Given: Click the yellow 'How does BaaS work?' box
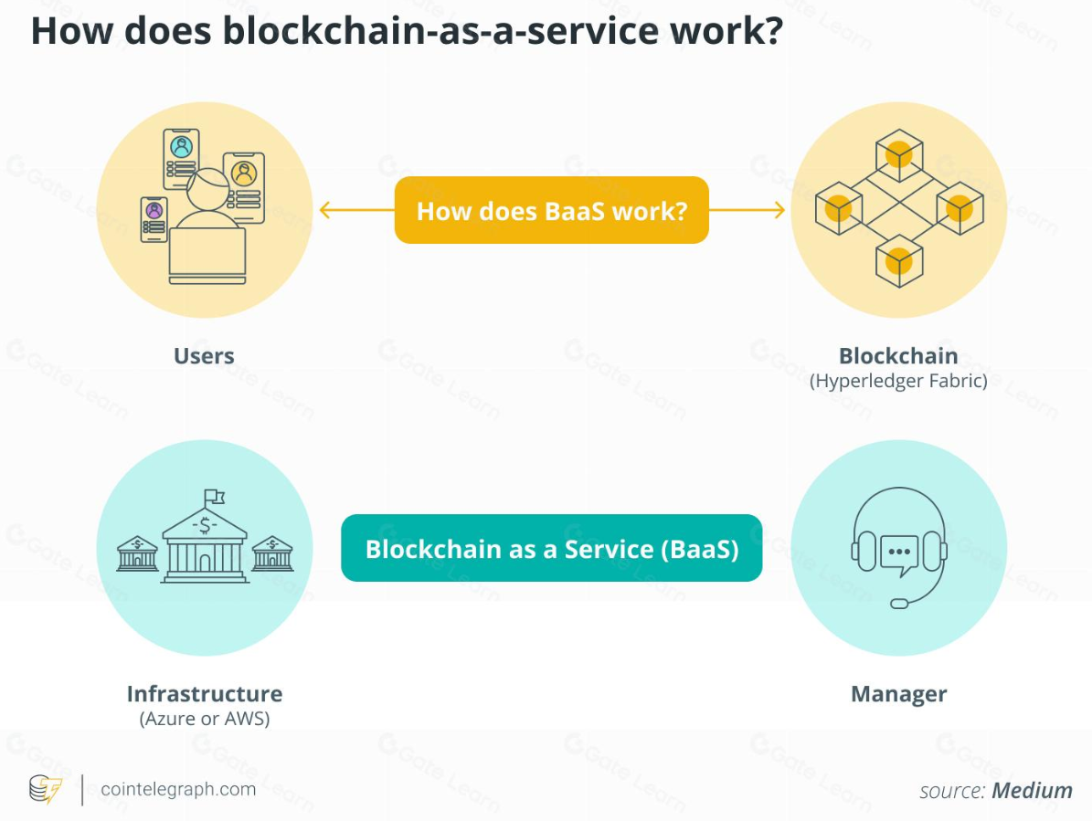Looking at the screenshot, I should [x=551, y=210].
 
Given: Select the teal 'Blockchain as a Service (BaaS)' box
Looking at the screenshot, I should [x=551, y=548].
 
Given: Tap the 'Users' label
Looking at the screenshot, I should [x=204, y=356].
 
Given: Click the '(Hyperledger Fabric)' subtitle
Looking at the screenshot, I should [x=898, y=381].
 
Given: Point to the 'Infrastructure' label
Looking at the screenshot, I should [x=204, y=694].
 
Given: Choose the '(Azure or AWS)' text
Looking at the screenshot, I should [x=204, y=719].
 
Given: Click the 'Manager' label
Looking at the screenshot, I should [x=898, y=694].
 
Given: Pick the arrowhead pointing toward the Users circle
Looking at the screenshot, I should [x=323, y=211].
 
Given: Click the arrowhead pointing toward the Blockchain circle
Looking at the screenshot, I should [x=779, y=211].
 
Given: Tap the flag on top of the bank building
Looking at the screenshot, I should [x=215, y=496].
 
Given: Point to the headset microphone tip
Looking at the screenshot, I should [x=899, y=603].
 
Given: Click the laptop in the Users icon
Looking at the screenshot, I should [x=207, y=255].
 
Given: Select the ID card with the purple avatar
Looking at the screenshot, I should [x=154, y=220].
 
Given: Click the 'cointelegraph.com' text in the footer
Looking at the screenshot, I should [x=178, y=789].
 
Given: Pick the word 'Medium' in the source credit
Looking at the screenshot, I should [x=1033, y=790].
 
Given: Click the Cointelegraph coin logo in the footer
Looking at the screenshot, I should [x=45, y=789].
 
